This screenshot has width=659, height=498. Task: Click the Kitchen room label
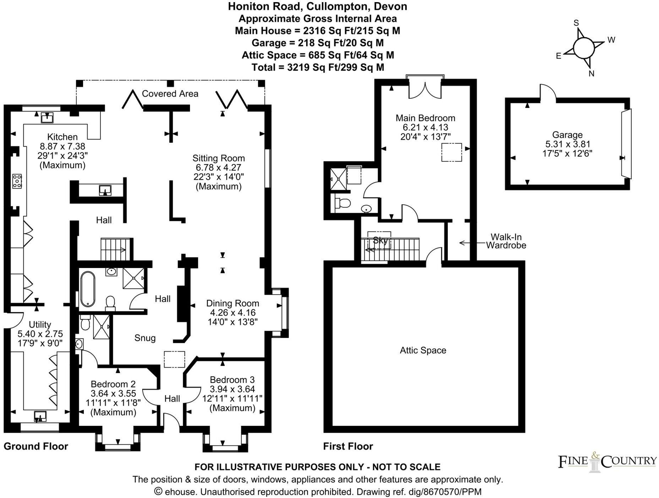pos(62,137)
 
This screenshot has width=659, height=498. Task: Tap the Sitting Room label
pos(218,158)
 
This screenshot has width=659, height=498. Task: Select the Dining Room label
pos(233,303)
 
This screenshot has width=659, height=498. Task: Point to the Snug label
pos(145,338)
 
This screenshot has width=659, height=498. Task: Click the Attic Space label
pos(423,350)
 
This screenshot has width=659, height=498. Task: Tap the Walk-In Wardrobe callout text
pos(506,241)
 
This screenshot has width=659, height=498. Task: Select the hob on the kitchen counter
pos(17,181)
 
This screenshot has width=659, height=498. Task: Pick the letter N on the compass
pos(592,74)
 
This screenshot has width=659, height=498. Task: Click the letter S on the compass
pos(576,23)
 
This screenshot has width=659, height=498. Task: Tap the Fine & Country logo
pos(607,461)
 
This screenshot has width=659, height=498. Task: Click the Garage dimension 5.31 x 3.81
pos(567,144)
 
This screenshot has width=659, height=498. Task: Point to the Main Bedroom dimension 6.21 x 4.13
pos(425,127)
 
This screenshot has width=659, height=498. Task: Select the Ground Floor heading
pos(36,446)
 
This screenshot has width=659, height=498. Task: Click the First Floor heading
pos(348,446)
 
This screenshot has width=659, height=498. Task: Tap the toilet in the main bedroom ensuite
pos(343,203)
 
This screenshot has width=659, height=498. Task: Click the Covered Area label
pos(170,94)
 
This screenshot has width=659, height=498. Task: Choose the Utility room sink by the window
pos(40,416)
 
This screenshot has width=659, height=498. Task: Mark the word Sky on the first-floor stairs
pos(380,241)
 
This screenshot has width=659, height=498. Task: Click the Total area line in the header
pos(318,67)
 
